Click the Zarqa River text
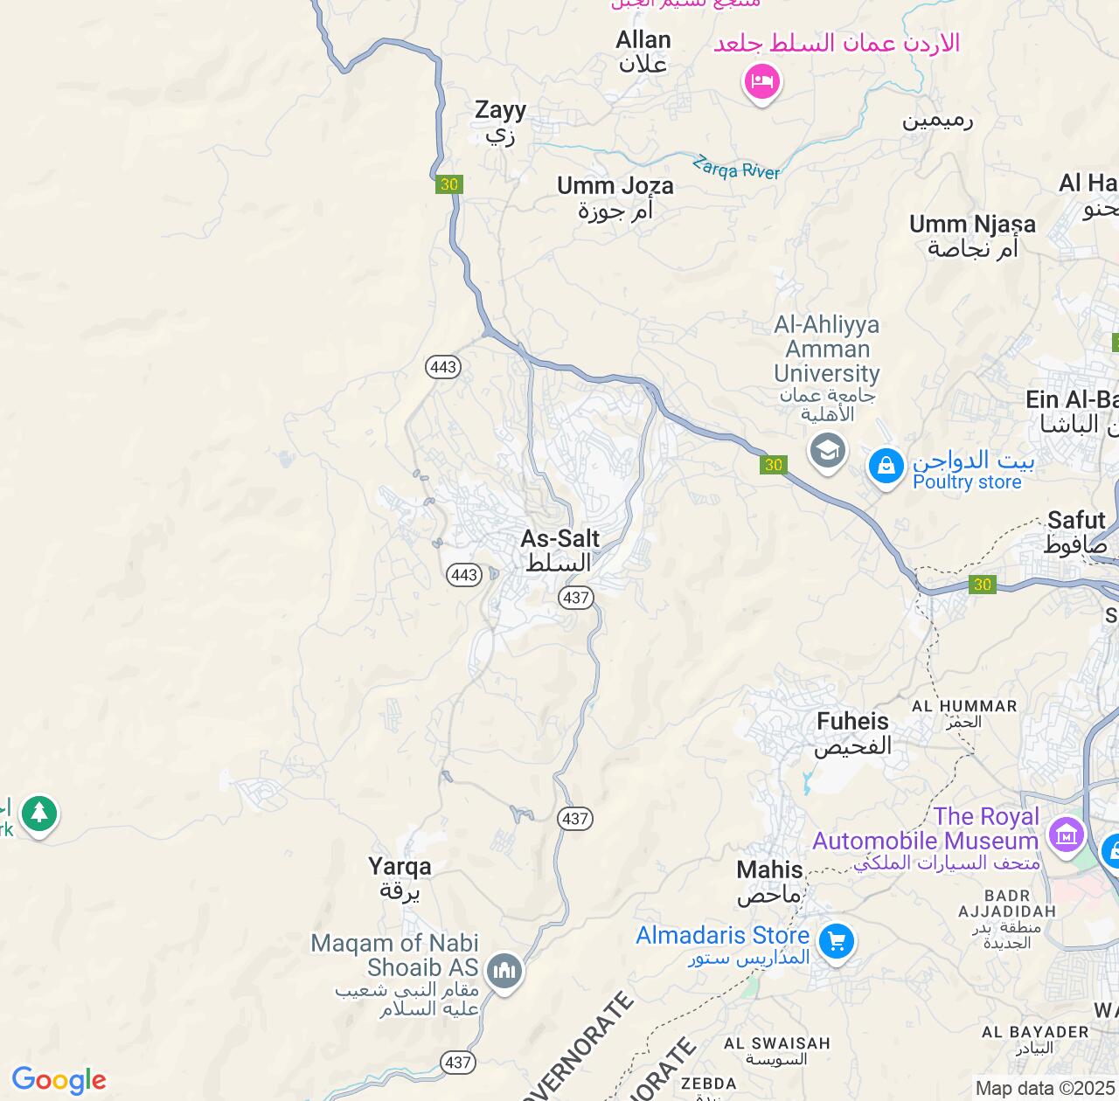point(736,168)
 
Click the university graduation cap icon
point(827,451)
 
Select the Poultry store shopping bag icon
point(886,466)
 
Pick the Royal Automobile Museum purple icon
point(1067,834)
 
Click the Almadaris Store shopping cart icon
point(837,942)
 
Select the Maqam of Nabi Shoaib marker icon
point(504,970)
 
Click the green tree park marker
point(38,814)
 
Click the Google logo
point(59,1080)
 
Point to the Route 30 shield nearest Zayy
point(448,184)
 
